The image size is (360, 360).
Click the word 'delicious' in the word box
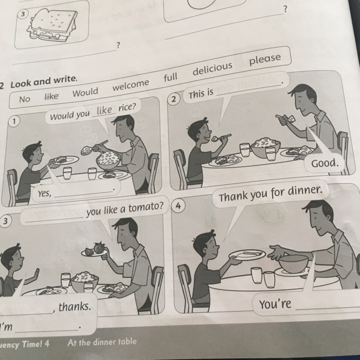click(x=212, y=69)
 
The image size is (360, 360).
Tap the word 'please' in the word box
click(x=265, y=59)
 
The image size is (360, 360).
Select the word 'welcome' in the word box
click(x=131, y=85)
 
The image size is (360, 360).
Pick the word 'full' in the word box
click(x=170, y=77)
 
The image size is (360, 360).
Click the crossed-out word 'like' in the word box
click(x=51, y=96)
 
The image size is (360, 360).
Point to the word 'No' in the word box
click(x=24, y=99)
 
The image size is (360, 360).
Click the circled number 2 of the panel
click(x=174, y=99)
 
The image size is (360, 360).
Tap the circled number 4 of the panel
click(x=178, y=206)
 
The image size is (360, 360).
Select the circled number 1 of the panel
click(x=14, y=121)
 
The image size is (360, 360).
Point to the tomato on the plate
click(x=99, y=248)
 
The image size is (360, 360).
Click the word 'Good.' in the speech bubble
click(x=324, y=164)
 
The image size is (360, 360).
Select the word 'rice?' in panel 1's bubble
click(x=127, y=107)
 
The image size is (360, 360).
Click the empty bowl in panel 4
click(x=293, y=263)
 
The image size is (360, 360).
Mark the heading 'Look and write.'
click(x=44, y=82)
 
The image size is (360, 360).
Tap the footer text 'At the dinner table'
click(x=102, y=342)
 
